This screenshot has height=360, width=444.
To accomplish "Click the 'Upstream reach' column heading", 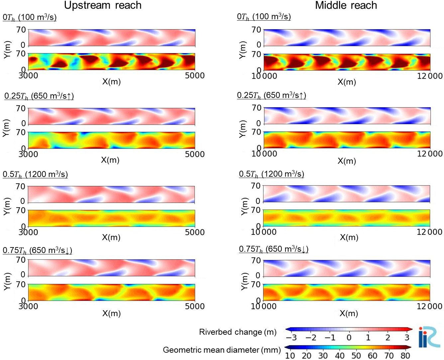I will point(103,5).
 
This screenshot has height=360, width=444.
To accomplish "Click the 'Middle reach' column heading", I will point(346,5).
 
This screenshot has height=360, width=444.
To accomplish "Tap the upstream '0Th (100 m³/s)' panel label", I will point(30,17).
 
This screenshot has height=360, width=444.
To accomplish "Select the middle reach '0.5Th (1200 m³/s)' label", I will point(272,174).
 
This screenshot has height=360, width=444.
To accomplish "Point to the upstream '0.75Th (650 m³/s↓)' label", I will point(38,250).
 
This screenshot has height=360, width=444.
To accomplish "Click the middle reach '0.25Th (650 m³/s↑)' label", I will point(272,95).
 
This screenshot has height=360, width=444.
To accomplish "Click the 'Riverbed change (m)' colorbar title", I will point(238,332).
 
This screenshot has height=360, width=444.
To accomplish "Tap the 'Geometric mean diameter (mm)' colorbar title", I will point(222,350).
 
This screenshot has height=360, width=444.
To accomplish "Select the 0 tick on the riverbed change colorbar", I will point(349,338).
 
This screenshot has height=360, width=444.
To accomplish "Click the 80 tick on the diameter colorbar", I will point(405,356).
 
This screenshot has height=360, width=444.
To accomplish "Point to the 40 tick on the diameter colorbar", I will point(339,356).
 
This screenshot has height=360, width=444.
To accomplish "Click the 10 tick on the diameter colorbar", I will point(290,356).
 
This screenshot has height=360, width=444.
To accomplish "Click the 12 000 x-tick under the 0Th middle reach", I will point(430,76).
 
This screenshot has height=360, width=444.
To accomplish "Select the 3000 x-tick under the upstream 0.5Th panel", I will point(28,232).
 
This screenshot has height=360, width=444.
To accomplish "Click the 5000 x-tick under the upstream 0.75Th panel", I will point(195,306).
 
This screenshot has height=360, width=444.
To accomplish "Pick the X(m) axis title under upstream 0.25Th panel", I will point(110,160).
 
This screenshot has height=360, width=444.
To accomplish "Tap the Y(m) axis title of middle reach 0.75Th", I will point(244,281).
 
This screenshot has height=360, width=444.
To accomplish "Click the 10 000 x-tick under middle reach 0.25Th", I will point(264,154).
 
